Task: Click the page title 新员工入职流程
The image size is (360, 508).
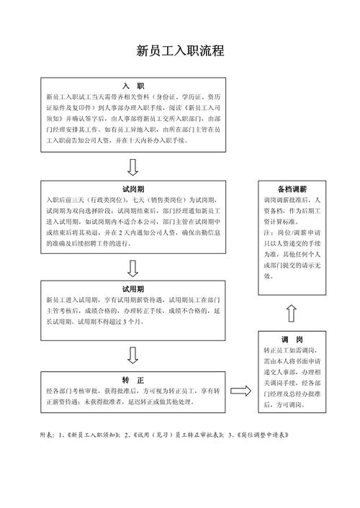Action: click(x=180, y=51)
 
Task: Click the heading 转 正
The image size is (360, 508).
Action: click(x=134, y=379)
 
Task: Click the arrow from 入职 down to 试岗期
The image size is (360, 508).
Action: click(x=133, y=167)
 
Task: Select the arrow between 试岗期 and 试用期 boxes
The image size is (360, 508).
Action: click(x=133, y=268)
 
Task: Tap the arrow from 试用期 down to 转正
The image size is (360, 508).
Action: click(x=133, y=354)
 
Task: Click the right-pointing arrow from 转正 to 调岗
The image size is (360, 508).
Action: click(x=242, y=391)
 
